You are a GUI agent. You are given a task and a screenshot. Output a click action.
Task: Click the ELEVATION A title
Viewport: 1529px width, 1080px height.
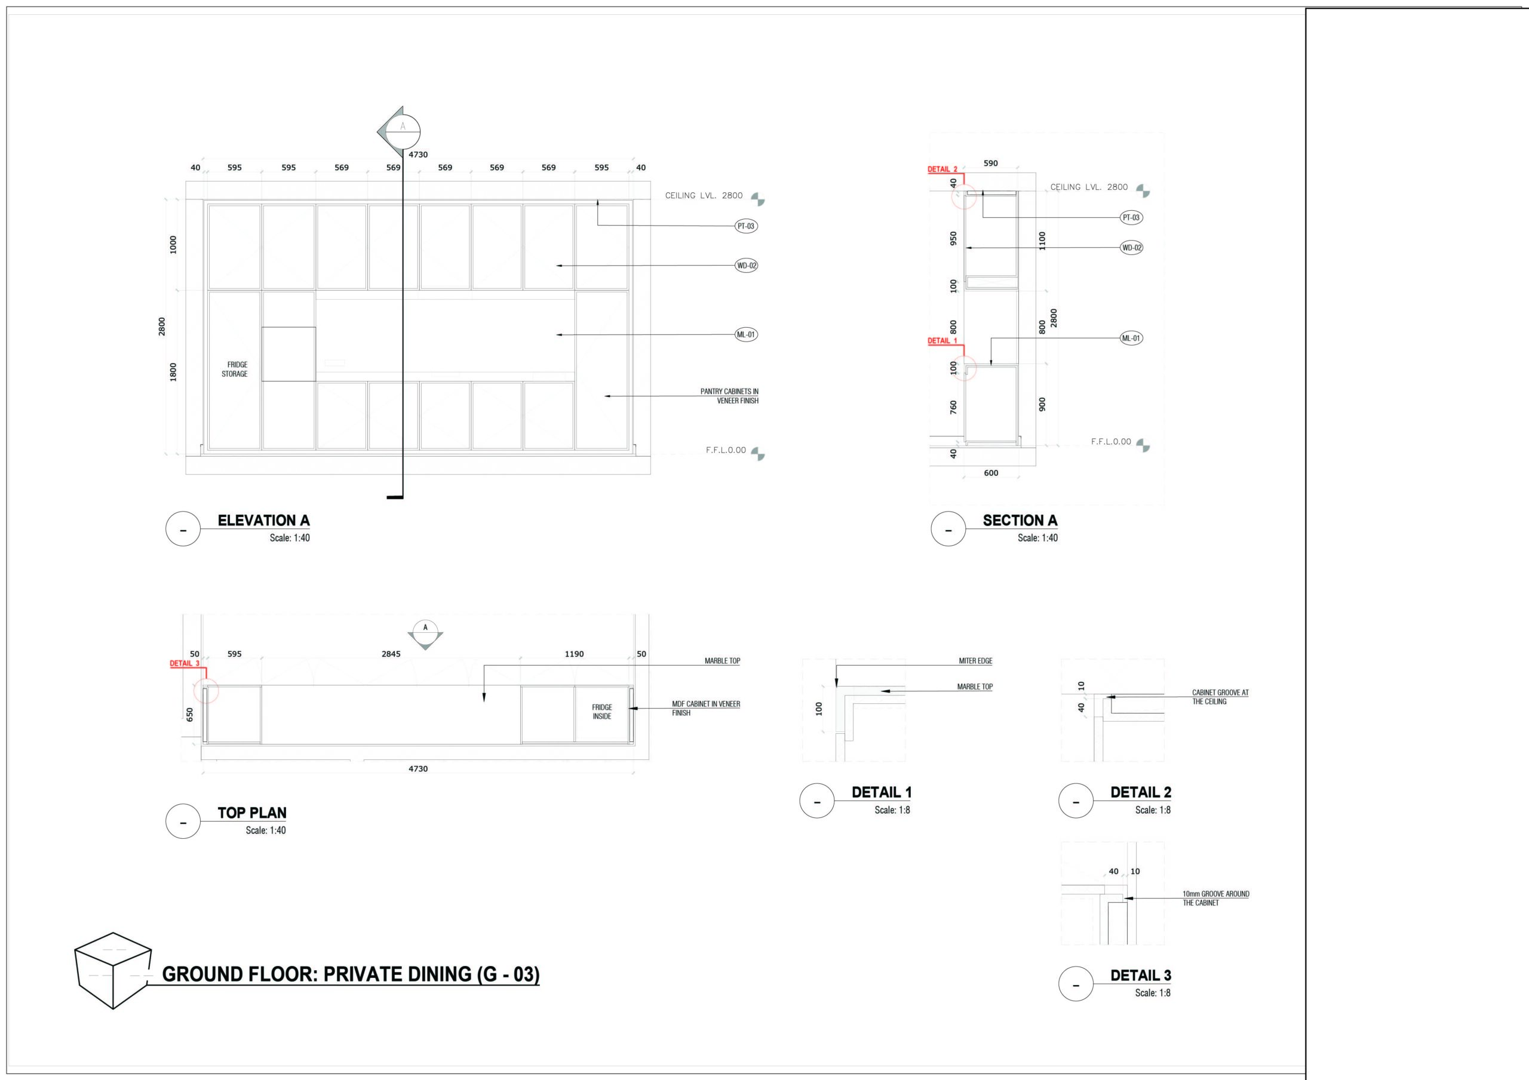[x=264, y=521]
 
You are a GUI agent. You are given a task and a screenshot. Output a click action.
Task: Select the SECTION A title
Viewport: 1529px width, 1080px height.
[x=1020, y=521]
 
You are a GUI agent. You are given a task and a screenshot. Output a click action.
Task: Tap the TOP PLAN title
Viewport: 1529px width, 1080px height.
[x=251, y=813]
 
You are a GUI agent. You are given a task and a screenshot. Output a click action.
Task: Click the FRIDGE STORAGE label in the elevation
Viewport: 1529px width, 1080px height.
[x=234, y=370]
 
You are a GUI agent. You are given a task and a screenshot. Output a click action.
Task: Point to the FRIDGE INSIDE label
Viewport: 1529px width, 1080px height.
[x=602, y=712]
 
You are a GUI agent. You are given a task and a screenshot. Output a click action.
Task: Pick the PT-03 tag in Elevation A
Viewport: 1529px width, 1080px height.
[x=746, y=226]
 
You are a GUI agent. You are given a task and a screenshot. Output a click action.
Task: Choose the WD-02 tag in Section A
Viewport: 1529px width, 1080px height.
[x=1131, y=248]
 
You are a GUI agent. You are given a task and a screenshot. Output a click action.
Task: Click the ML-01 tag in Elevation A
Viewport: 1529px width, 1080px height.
[x=746, y=335]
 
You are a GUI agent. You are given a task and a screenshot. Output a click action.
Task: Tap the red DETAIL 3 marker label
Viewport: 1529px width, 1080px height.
[x=185, y=663]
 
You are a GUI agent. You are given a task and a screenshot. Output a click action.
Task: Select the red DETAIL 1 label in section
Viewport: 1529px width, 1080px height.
[x=942, y=341]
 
